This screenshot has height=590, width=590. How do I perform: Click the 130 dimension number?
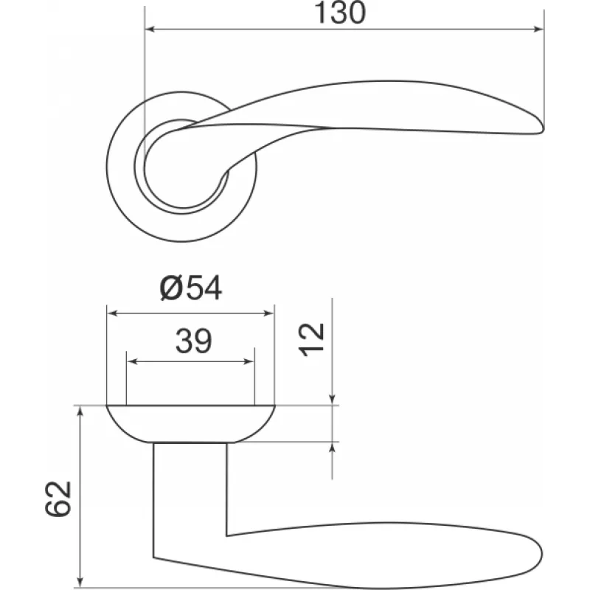[339, 13]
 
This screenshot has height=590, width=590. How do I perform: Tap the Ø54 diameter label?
[191, 288]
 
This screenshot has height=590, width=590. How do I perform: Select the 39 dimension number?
[194, 341]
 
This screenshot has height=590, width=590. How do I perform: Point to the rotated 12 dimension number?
[311, 339]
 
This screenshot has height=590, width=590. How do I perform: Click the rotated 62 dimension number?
[58, 499]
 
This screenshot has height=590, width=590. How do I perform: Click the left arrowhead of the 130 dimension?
[150, 29]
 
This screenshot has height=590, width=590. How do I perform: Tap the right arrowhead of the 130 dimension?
[539, 29]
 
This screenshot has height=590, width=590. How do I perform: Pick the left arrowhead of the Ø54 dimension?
[112, 313]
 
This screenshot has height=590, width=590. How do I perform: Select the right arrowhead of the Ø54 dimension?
[269, 313]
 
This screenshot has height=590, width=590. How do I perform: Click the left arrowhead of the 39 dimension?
[132, 362]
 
